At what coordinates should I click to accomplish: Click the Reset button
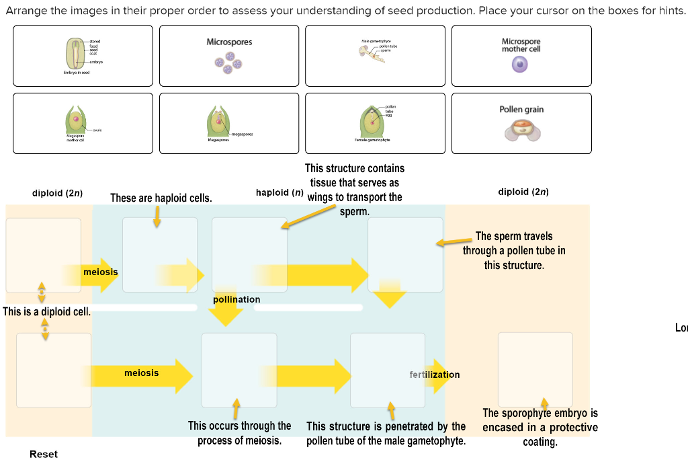tap(44, 454)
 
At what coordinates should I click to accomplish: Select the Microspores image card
tap(229, 56)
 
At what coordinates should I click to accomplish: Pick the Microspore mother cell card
tap(521, 56)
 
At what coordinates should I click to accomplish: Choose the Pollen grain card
tap(521, 124)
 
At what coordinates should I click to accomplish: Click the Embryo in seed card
tap(83, 56)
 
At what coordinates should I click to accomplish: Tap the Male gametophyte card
tap(375, 56)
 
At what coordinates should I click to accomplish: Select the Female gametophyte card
tap(375, 124)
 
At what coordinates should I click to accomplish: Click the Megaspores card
tap(229, 124)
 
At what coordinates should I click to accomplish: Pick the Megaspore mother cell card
tap(83, 124)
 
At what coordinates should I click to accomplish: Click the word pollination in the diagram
tap(236, 299)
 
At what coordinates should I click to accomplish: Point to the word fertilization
tap(435, 375)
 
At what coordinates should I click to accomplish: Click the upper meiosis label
tap(100, 272)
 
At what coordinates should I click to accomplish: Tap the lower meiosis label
tap(142, 373)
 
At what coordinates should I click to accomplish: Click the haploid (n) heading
tap(280, 192)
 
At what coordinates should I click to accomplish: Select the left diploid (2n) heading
tap(57, 193)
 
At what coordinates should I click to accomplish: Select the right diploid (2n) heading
tap(523, 192)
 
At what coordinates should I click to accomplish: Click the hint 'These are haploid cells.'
tap(161, 198)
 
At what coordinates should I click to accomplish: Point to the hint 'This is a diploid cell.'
tap(46, 311)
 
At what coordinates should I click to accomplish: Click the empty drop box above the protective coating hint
tap(535, 369)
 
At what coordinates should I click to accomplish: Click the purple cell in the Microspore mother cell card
tap(521, 65)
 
